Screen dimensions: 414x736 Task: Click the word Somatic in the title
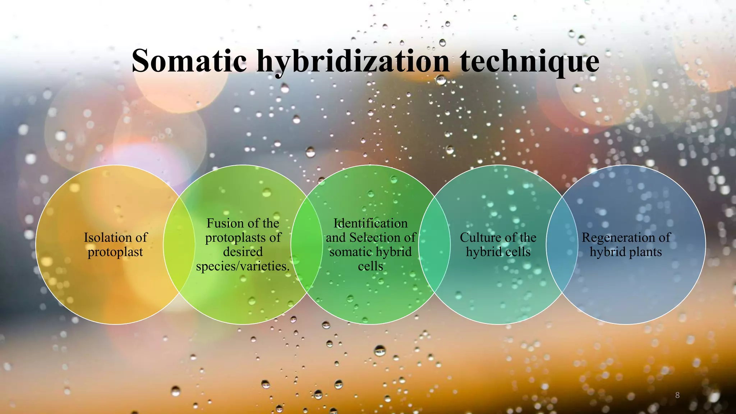189,61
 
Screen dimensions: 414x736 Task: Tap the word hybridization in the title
353,62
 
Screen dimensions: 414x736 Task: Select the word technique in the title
529,62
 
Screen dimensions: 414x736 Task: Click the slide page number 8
677,395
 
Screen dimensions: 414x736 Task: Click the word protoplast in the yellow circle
115,252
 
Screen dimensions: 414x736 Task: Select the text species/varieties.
243,266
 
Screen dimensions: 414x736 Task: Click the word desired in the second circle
243,252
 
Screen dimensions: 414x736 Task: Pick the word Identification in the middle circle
371,223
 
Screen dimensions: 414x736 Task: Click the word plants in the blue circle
645,252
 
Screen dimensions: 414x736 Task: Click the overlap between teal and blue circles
562,244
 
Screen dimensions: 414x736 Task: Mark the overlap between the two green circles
307,244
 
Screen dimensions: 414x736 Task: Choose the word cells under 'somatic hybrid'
371,266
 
